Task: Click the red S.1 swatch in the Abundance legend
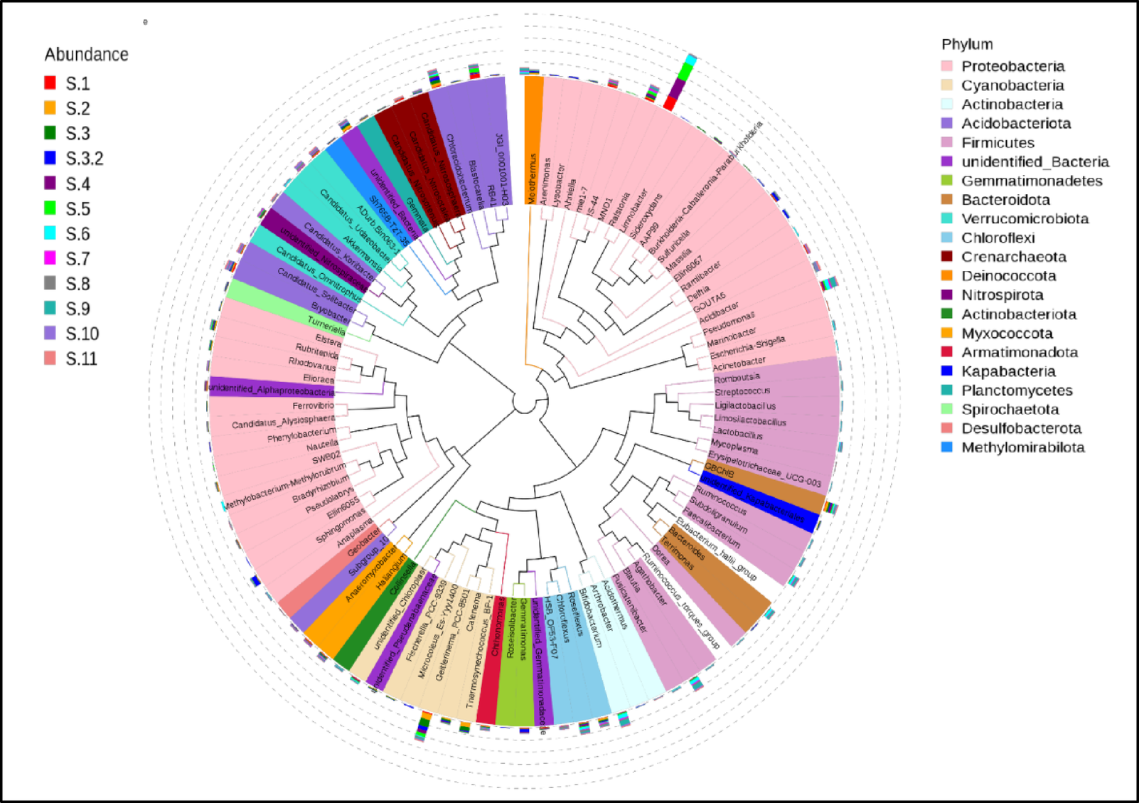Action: pos(50,83)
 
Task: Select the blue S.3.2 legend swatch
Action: pos(50,158)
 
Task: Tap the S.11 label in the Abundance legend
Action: pos(82,358)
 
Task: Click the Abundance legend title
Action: pos(86,55)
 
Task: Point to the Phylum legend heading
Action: pos(967,44)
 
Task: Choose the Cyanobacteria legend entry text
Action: pos(1012,85)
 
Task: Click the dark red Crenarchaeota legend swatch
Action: pos(946,257)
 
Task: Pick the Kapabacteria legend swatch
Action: pos(946,371)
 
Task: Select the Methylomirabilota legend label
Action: pos(1023,447)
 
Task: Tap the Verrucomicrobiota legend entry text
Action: pos(1025,218)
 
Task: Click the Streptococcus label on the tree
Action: pos(742,392)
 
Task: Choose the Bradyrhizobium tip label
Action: pos(321,489)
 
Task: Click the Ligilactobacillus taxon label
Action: pos(745,406)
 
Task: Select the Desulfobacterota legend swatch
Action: pos(946,428)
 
